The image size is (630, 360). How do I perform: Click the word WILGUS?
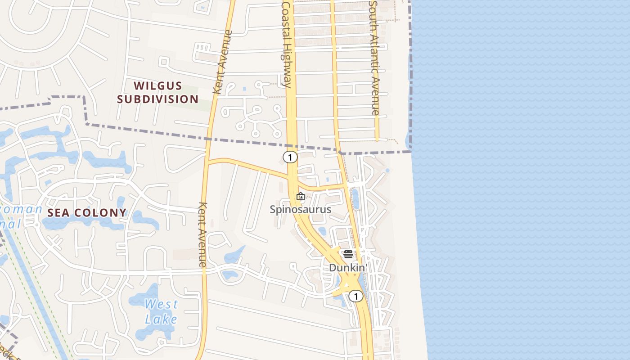(x=158, y=85)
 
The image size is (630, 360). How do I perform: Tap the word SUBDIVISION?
(x=158, y=99)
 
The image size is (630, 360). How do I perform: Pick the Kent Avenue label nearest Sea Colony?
(x=202, y=234)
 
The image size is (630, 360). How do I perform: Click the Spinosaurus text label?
(x=301, y=209)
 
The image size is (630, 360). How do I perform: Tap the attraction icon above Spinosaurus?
(x=301, y=196)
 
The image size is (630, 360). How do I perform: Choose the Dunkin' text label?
(x=348, y=267)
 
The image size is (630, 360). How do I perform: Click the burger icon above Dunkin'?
(x=348, y=254)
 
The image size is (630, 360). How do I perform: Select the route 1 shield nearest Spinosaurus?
(x=290, y=157)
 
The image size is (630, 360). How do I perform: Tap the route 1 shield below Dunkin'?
(x=356, y=296)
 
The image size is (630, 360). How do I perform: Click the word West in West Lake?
(x=161, y=304)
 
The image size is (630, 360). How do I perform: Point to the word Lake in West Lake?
(x=161, y=319)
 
